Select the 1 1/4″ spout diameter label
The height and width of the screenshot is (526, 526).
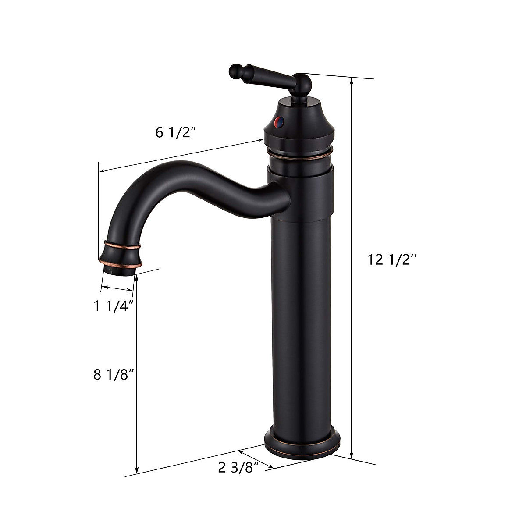click(113, 306)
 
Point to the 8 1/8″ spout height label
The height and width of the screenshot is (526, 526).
click(113, 375)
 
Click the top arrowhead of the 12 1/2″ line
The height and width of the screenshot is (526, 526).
click(351, 80)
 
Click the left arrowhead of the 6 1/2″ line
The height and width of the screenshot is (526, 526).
click(101, 171)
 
